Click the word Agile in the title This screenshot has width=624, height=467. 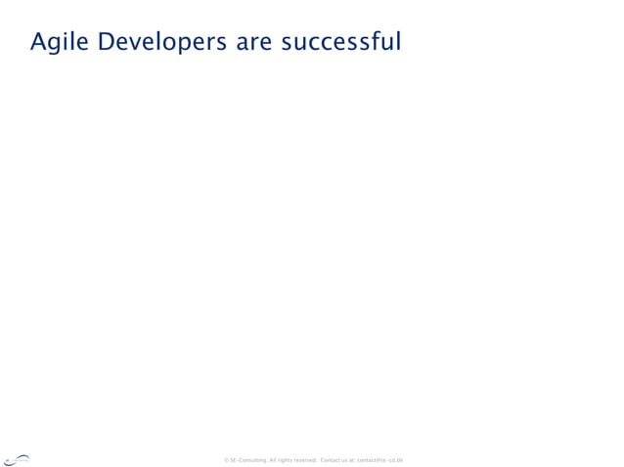coord(60,43)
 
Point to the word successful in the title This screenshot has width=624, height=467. coord(340,43)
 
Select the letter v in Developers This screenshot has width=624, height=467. coord(138,45)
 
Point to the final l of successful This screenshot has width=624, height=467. coord(398,42)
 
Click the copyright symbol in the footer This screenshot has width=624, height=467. coord(226,460)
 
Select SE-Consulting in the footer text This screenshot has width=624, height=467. coord(248,460)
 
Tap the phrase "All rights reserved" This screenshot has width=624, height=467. coord(292,460)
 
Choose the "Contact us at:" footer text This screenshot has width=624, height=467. coord(337,460)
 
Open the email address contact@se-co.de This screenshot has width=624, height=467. coord(379,460)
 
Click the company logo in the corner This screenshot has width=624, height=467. coord(17,460)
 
